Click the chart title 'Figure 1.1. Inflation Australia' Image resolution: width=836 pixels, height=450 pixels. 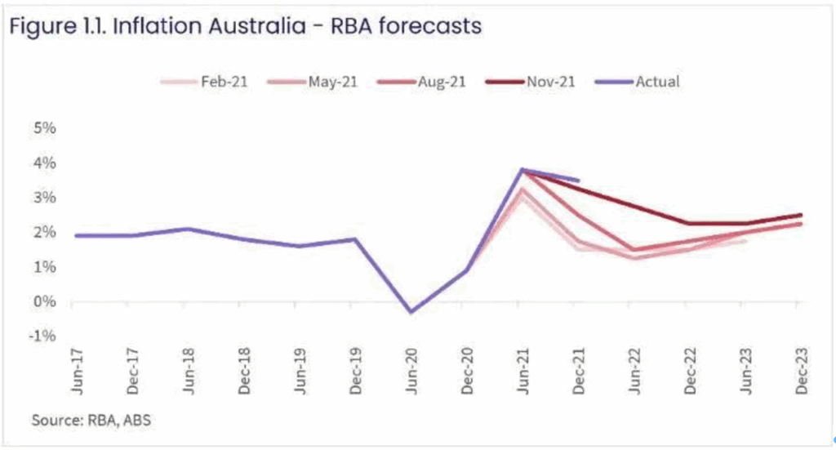click(245, 26)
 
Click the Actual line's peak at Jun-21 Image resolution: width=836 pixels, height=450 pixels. click(522, 170)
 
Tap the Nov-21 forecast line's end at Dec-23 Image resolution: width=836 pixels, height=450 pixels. click(800, 216)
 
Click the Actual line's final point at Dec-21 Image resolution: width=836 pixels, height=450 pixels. click(578, 180)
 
